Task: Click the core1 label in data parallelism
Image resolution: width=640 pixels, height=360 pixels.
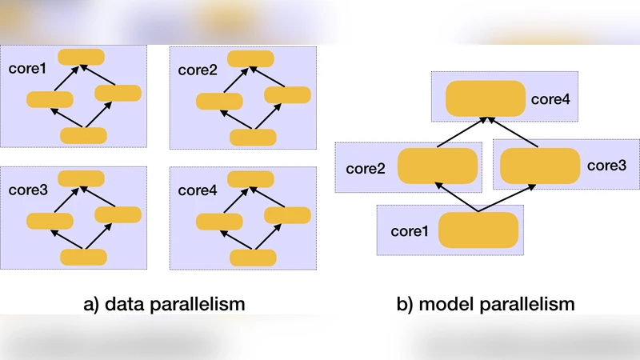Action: pyautogui.click(x=27, y=69)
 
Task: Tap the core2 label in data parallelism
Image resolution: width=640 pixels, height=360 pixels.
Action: pyautogui.click(x=198, y=70)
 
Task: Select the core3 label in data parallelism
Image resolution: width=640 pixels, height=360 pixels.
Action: pyautogui.click(x=27, y=190)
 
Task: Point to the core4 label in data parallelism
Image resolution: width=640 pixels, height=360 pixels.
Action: pyautogui.click(x=198, y=190)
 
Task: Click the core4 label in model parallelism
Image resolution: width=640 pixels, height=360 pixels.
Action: pyautogui.click(x=551, y=100)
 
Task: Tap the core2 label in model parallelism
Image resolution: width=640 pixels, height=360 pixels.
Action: pyautogui.click(x=366, y=169)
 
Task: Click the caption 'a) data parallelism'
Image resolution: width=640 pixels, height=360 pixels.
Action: pyautogui.click(x=164, y=304)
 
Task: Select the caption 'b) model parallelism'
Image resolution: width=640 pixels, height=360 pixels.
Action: pyautogui.click(x=486, y=304)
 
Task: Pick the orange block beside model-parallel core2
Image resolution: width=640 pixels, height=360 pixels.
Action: pyautogui.click(x=437, y=166)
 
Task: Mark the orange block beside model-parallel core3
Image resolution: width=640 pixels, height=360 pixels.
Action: pyautogui.click(x=540, y=166)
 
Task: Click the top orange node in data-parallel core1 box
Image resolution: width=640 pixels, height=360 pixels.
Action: pyautogui.click(x=81, y=57)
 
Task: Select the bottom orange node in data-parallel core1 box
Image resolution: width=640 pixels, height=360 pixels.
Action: pyautogui.click(x=84, y=135)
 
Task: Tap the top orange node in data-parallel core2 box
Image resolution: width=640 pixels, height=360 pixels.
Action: pyautogui.click(x=251, y=58)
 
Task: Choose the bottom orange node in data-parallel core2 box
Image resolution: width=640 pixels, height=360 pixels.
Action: pyautogui.click(x=253, y=137)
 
